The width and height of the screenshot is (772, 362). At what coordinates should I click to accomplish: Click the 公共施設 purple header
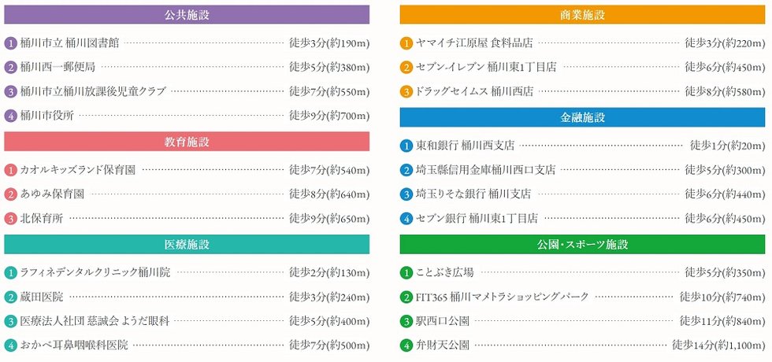pos(187,15)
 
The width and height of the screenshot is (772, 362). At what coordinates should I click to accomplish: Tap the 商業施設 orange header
pos(583,15)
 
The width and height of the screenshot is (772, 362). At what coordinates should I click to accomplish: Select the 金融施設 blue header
pos(583,117)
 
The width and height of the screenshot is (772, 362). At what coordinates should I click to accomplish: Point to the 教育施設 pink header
pos(187,142)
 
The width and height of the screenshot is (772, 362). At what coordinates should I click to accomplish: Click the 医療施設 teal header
pos(187,245)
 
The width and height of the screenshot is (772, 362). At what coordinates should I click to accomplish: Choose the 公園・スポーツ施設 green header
pos(583,245)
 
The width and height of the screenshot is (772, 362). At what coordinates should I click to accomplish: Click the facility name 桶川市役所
pos(47,116)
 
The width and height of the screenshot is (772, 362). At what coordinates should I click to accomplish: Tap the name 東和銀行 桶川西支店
pos(466,146)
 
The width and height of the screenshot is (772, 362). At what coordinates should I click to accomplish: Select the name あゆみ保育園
pos(52,194)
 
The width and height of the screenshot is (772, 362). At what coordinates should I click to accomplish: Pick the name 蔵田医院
pos(42,297)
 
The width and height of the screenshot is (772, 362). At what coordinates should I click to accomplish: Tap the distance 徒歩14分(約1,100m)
pos(718,345)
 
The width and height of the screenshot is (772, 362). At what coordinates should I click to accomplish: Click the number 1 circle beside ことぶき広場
pos(406,273)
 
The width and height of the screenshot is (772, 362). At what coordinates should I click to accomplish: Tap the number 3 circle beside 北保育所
pos(11,218)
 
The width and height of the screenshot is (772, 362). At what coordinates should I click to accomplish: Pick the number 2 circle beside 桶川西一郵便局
pos(11,68)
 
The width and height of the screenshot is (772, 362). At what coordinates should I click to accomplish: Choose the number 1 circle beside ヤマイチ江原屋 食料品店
pos(406,44)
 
